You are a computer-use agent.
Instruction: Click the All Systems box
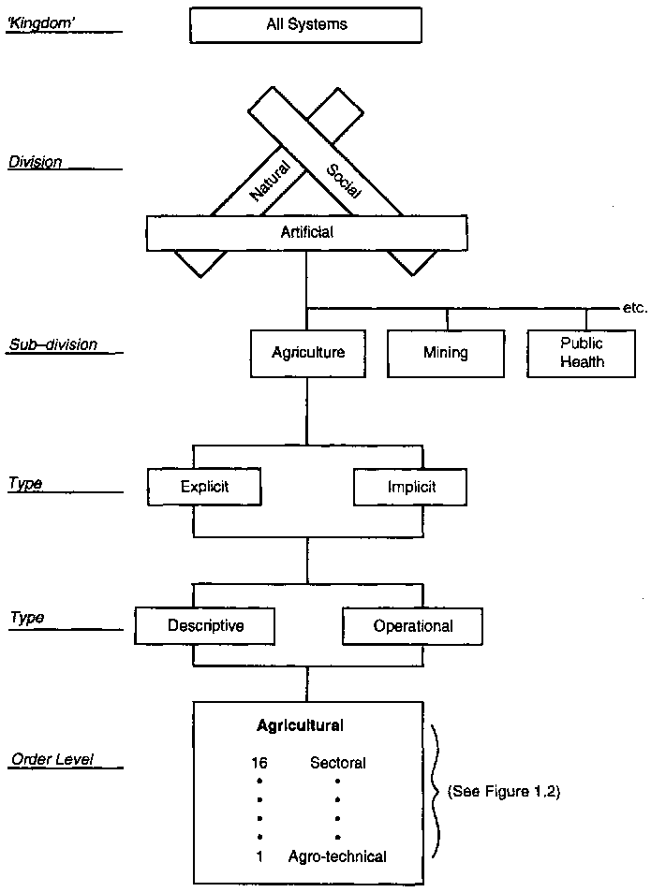[306, 24]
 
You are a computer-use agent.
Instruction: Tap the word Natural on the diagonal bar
[271, 180]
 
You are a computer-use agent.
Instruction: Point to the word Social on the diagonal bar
[343, 181]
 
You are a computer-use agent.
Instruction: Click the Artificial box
[306, 232]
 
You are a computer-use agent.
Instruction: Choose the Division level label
[36, 162]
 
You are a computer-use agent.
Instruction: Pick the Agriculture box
[308, 353]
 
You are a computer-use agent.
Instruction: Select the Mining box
[445, 354]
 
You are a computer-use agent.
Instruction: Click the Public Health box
[582, 353]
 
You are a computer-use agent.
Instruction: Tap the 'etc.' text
[634, 307]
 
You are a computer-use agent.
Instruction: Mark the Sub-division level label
[53, 344]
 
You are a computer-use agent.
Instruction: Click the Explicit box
[204, 487]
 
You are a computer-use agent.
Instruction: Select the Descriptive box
[205, 625]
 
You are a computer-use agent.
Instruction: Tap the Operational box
[413, 626]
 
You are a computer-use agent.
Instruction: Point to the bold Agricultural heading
[300, 725]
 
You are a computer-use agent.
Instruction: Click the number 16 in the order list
[259, 763]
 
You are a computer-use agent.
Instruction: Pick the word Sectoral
[337, 763]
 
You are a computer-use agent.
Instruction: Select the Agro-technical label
[337, 856]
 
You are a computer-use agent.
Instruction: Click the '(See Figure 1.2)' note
[503, 791]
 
